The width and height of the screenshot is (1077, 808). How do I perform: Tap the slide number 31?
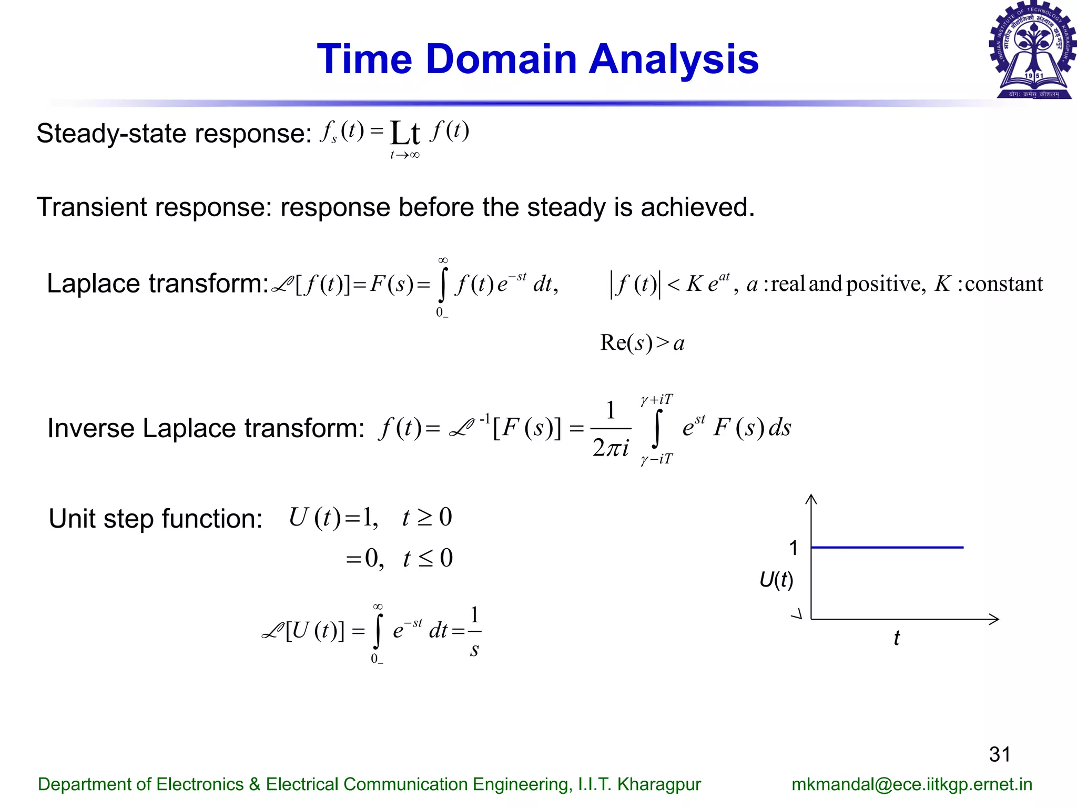[1000, 754]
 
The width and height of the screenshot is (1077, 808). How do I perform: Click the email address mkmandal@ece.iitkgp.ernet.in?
[912, 784]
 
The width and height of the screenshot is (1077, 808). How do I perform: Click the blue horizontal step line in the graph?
[887, 548]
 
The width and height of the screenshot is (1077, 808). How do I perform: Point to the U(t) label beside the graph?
[776, 580]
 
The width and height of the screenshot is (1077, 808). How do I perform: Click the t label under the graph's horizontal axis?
[897, 638]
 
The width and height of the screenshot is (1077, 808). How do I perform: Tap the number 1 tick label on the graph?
[794, 548]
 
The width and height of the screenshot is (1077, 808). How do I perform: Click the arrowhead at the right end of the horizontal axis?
[994, 619]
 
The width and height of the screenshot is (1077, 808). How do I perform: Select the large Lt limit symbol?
[404, 134]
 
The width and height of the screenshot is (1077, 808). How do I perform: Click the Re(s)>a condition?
[642, 343]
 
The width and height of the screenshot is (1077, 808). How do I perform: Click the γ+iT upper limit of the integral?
[656, 400]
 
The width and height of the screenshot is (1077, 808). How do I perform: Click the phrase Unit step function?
[155, 519]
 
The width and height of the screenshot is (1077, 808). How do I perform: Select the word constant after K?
[1004, 284]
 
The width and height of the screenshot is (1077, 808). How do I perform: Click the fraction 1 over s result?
[474, 631]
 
